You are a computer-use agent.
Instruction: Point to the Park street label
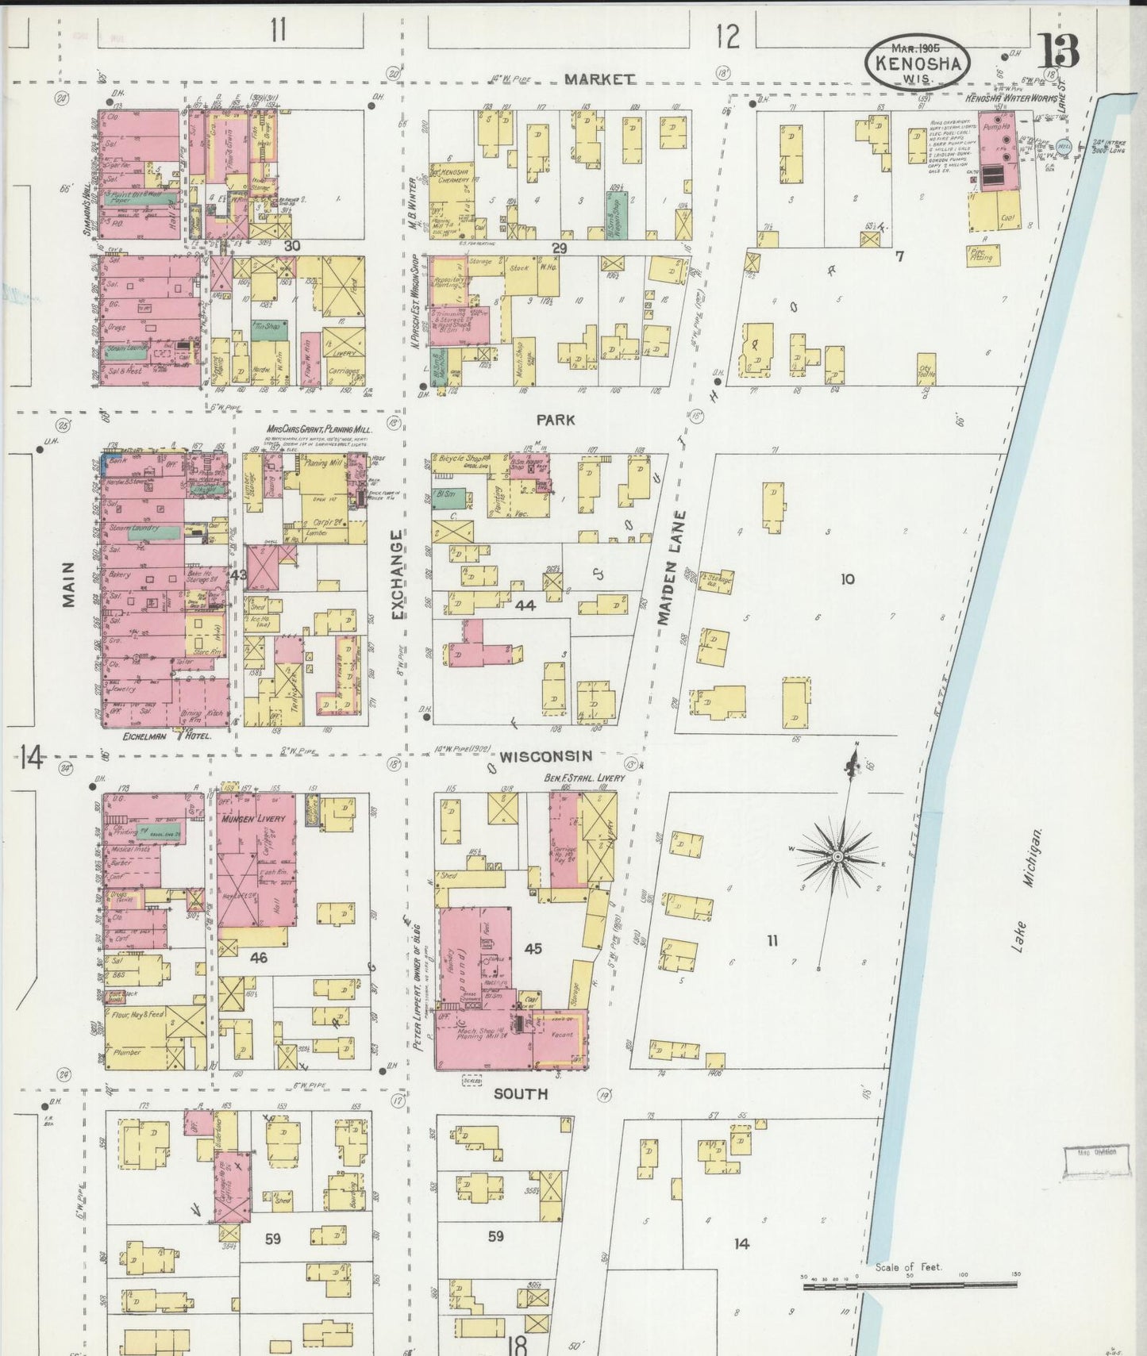[555, 420]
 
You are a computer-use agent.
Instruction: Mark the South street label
[521, 1093]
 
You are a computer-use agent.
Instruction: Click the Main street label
[69, 586]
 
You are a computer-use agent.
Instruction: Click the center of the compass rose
[837, 858]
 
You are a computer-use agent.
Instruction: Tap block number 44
[525, 605]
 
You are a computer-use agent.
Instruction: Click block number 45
[533, 948]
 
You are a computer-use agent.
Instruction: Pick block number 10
[847, 579]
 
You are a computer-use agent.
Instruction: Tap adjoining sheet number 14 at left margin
[31, 759]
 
